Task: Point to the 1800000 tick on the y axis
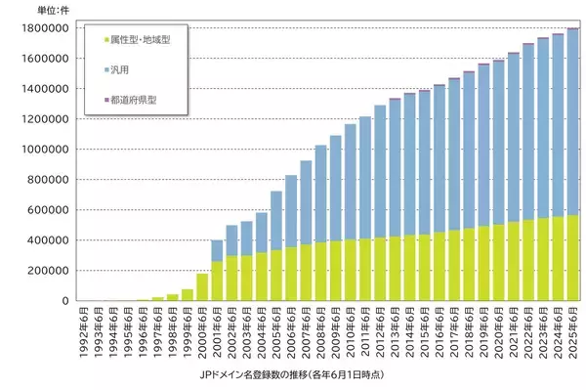click(43, 27)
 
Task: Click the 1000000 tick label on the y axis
click(43, 149)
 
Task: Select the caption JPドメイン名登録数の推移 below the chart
click(293, 372)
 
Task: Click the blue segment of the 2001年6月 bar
click(217, 250)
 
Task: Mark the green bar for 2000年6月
click(202, 287)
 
